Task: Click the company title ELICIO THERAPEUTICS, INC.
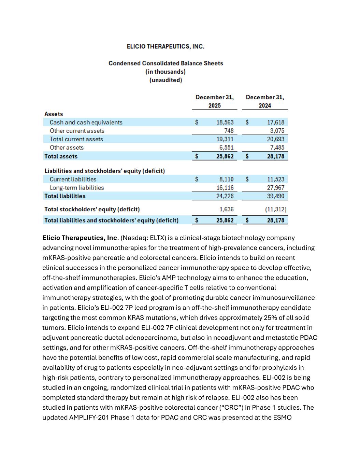(x=165, y=46)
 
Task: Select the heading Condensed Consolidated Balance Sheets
(x=165, y=63)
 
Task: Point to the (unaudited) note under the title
(x=165, y=80)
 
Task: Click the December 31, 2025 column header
(x=214, y=101)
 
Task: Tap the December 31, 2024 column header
(x=265, y=101)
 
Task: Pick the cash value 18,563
(x=225, y=122)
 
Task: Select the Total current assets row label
(x=76, y=139)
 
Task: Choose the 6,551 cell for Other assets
(x=226, y=147)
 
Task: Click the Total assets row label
(x=61, y=156)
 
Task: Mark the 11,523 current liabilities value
(x=275, y=179)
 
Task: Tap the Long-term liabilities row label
(x=77, y=188)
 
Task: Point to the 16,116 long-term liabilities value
(x=225, y=188)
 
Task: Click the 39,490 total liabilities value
(x=275, y=196)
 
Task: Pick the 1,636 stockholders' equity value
(x=226, y=209)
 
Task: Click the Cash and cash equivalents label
(x=86, y=122)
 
